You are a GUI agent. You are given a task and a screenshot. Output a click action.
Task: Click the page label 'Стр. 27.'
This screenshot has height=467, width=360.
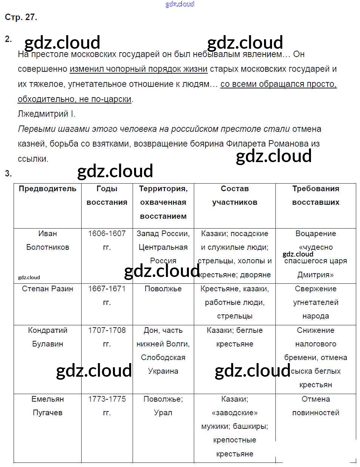[x=21, y=17]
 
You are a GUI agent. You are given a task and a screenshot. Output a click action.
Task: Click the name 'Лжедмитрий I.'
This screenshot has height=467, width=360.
[x=46, y=114]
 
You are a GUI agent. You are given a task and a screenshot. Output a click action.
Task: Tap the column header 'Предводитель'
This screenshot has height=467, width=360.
[x=48, y=189]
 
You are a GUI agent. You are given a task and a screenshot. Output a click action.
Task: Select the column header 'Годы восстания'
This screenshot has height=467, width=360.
[x=107, y=195]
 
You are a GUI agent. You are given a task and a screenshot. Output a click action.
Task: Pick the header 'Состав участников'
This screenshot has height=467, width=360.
[x=235, y=195]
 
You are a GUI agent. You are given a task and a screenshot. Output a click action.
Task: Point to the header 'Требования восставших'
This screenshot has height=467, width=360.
[x=315, y=195]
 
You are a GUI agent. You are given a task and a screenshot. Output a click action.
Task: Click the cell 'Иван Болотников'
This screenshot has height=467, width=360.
[x=48, y=240]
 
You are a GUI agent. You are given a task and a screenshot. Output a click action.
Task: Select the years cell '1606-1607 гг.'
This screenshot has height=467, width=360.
[x=107, y=240]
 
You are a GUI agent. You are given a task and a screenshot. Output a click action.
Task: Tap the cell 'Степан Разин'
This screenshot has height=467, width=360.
[x=48, y=289]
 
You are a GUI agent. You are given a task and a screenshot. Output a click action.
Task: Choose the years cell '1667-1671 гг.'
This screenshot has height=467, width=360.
[x=107, y=295]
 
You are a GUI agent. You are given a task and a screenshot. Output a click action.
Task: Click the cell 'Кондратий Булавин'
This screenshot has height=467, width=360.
[x=48, y=337]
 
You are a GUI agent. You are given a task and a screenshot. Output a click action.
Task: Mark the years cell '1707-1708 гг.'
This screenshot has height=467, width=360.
[x=107, y=337]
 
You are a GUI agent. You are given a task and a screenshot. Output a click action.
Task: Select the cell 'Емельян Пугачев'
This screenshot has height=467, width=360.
[x=48, y=406]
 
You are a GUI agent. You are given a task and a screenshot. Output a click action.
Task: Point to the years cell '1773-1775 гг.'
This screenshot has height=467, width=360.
[x=107, y=406]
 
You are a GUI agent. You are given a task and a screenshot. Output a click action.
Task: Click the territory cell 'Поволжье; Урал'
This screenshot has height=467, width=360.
[x=163, y=406]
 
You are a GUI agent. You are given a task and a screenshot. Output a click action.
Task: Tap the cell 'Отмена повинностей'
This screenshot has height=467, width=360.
[x=315, y=406]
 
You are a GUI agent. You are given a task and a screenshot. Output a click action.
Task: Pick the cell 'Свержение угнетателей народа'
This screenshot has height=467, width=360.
[x=315, y=302]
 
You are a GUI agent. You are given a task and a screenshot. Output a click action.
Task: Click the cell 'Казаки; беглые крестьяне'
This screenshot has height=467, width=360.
[x=235, y=337]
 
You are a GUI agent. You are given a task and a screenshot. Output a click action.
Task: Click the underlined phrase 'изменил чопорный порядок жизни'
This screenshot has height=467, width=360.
[x=139, y=69]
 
